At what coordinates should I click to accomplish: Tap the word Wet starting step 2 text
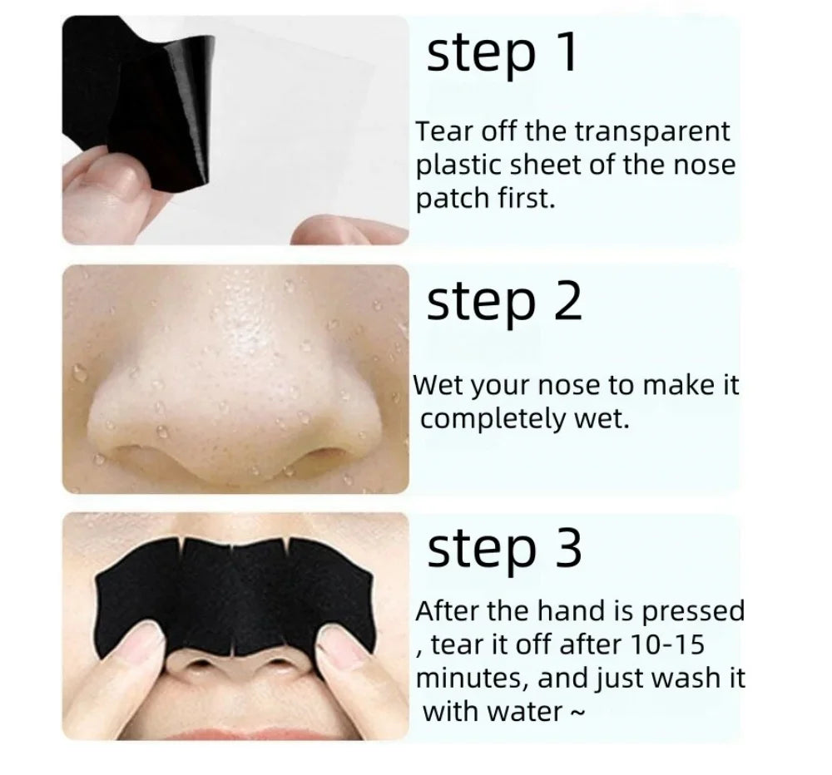pos(439,385)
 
